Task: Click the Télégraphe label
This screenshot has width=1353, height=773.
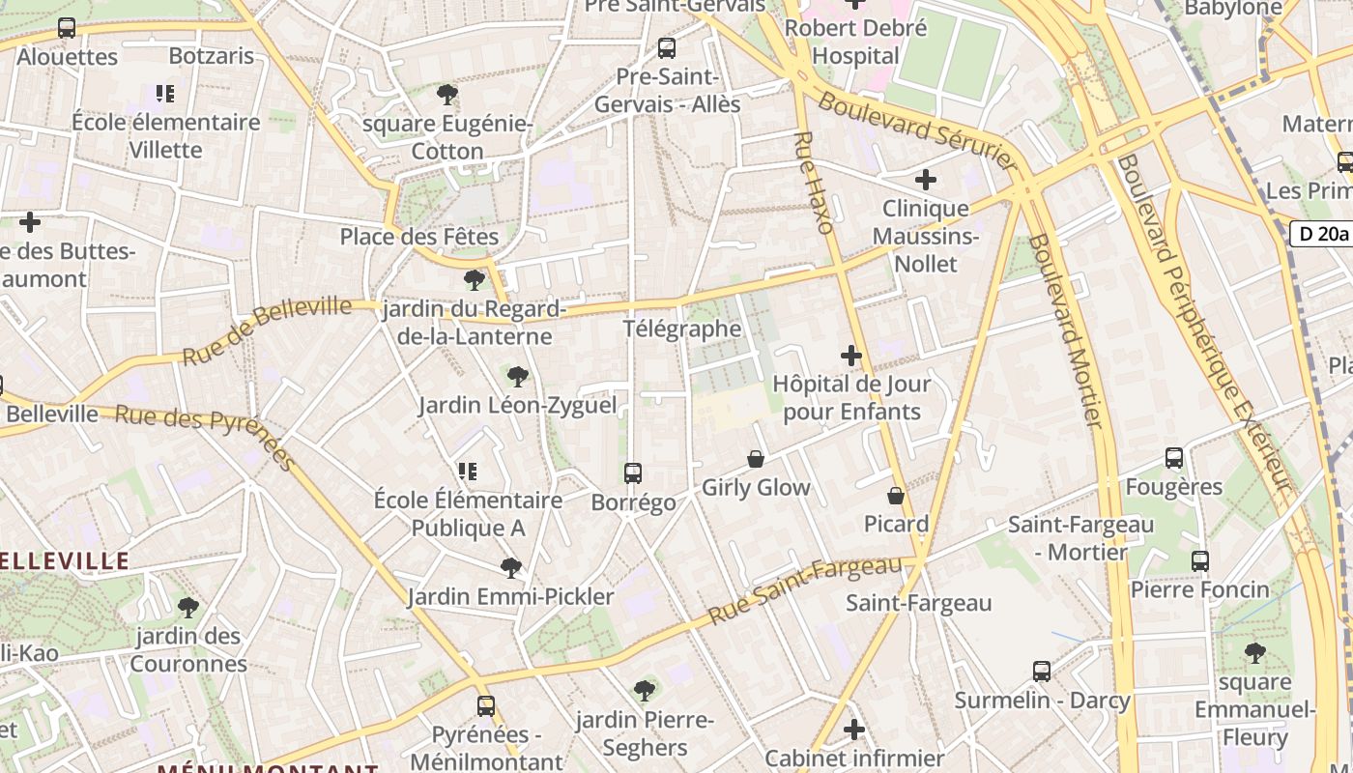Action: point(682,329)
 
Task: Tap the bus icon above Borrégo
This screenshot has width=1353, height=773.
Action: point(633,473)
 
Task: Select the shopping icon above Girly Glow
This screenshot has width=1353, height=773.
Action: point(756,459)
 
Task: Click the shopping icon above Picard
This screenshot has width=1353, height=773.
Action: point(896,496)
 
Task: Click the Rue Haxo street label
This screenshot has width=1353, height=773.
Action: point(813,184)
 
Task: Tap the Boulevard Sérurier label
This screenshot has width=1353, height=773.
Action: point(914,131)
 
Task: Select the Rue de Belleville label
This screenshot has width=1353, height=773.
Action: point(267,331)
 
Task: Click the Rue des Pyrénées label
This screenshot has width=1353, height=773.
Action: point(205,436)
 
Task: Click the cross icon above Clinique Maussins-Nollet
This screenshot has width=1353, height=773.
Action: point(926,180)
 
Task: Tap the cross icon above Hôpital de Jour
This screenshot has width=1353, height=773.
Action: point(851,356)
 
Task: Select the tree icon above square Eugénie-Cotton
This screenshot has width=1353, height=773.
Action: point(447,95)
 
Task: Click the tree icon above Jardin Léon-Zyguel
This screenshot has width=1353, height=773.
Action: point(518,377)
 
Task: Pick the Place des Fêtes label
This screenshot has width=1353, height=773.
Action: point(419,237)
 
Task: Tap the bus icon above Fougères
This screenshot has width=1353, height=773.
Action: point(1174,458)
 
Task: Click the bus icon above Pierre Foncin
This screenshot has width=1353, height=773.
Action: point(1200,561)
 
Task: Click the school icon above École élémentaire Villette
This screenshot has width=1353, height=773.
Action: point(165,94)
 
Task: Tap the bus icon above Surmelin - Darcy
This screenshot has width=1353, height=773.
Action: point(1042,672)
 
